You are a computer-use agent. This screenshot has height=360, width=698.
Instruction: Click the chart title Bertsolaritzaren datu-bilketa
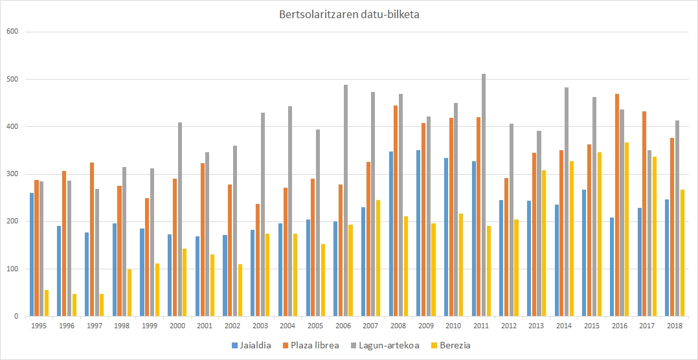point(349,14)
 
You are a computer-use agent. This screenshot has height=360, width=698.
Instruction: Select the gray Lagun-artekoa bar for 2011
point(484,195)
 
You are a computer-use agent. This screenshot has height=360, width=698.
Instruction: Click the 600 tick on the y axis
point(11,32)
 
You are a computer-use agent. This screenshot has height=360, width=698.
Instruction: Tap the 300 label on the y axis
point(11,174)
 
